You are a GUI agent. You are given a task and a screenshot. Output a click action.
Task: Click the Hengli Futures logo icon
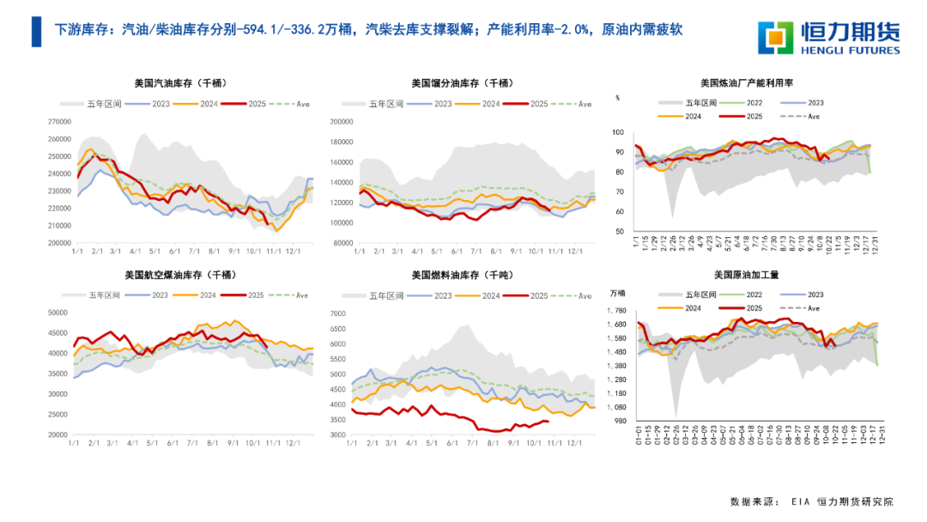779,34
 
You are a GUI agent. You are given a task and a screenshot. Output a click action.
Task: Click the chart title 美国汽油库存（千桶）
186,83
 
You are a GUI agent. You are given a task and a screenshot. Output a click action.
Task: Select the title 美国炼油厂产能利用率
746,83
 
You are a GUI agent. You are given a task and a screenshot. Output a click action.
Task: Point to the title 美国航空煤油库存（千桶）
186,275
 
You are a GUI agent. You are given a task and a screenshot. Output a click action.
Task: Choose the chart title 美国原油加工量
746,275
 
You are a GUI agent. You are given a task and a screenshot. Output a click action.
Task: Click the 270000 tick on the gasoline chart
59,122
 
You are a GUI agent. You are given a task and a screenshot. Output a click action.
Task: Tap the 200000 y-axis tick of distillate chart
342,122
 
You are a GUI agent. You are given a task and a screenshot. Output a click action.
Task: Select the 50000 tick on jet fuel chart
58,313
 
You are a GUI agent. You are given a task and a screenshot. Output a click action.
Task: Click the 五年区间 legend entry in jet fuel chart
105,295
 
